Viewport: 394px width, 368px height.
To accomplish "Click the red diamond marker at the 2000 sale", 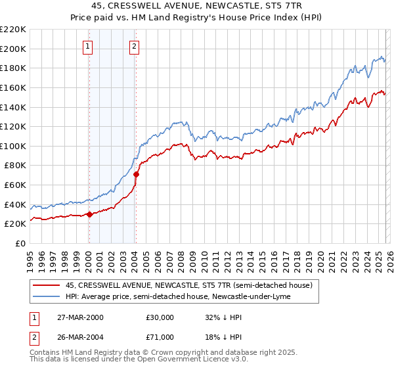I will click(x=89, y=214).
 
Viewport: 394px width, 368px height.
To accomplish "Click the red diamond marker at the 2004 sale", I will click(x=136, y=174).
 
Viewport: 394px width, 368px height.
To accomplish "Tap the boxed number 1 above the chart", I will click(x=88, y=46).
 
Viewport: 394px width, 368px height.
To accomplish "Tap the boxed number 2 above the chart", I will click(x=134, y=46).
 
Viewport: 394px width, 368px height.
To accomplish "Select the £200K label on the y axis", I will click(x=13, y=49).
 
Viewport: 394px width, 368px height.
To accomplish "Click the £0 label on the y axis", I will click(x=20, y=243).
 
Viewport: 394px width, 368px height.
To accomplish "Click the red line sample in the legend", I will click(x=46, y=285).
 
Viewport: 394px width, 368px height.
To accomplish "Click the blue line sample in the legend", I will click(x=46, y=296).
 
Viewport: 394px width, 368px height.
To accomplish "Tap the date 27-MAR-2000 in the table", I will click(x=81, y=317).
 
